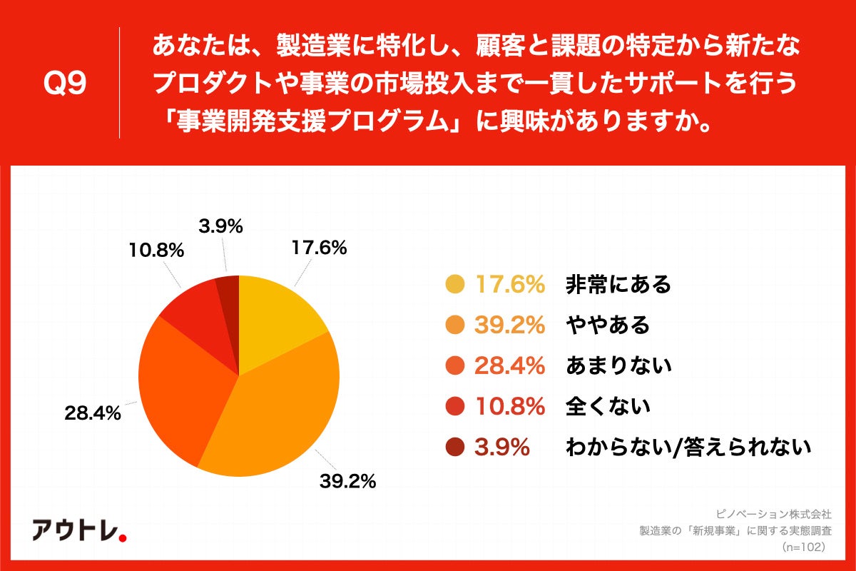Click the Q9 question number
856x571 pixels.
coord(66,84)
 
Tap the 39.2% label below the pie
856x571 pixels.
coord(347,482)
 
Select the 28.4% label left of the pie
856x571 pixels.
coord(91,412)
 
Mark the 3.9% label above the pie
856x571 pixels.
coord(218,226)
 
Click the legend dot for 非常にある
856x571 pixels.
coord(454,285)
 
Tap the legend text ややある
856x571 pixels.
coord(607,325)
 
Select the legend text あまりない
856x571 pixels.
coord(618,366)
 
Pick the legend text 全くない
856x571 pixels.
coord(607,407)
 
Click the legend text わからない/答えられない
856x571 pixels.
coord(688,448)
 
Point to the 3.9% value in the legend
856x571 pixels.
coord(503,448)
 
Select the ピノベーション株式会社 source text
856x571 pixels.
coord(774,513)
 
